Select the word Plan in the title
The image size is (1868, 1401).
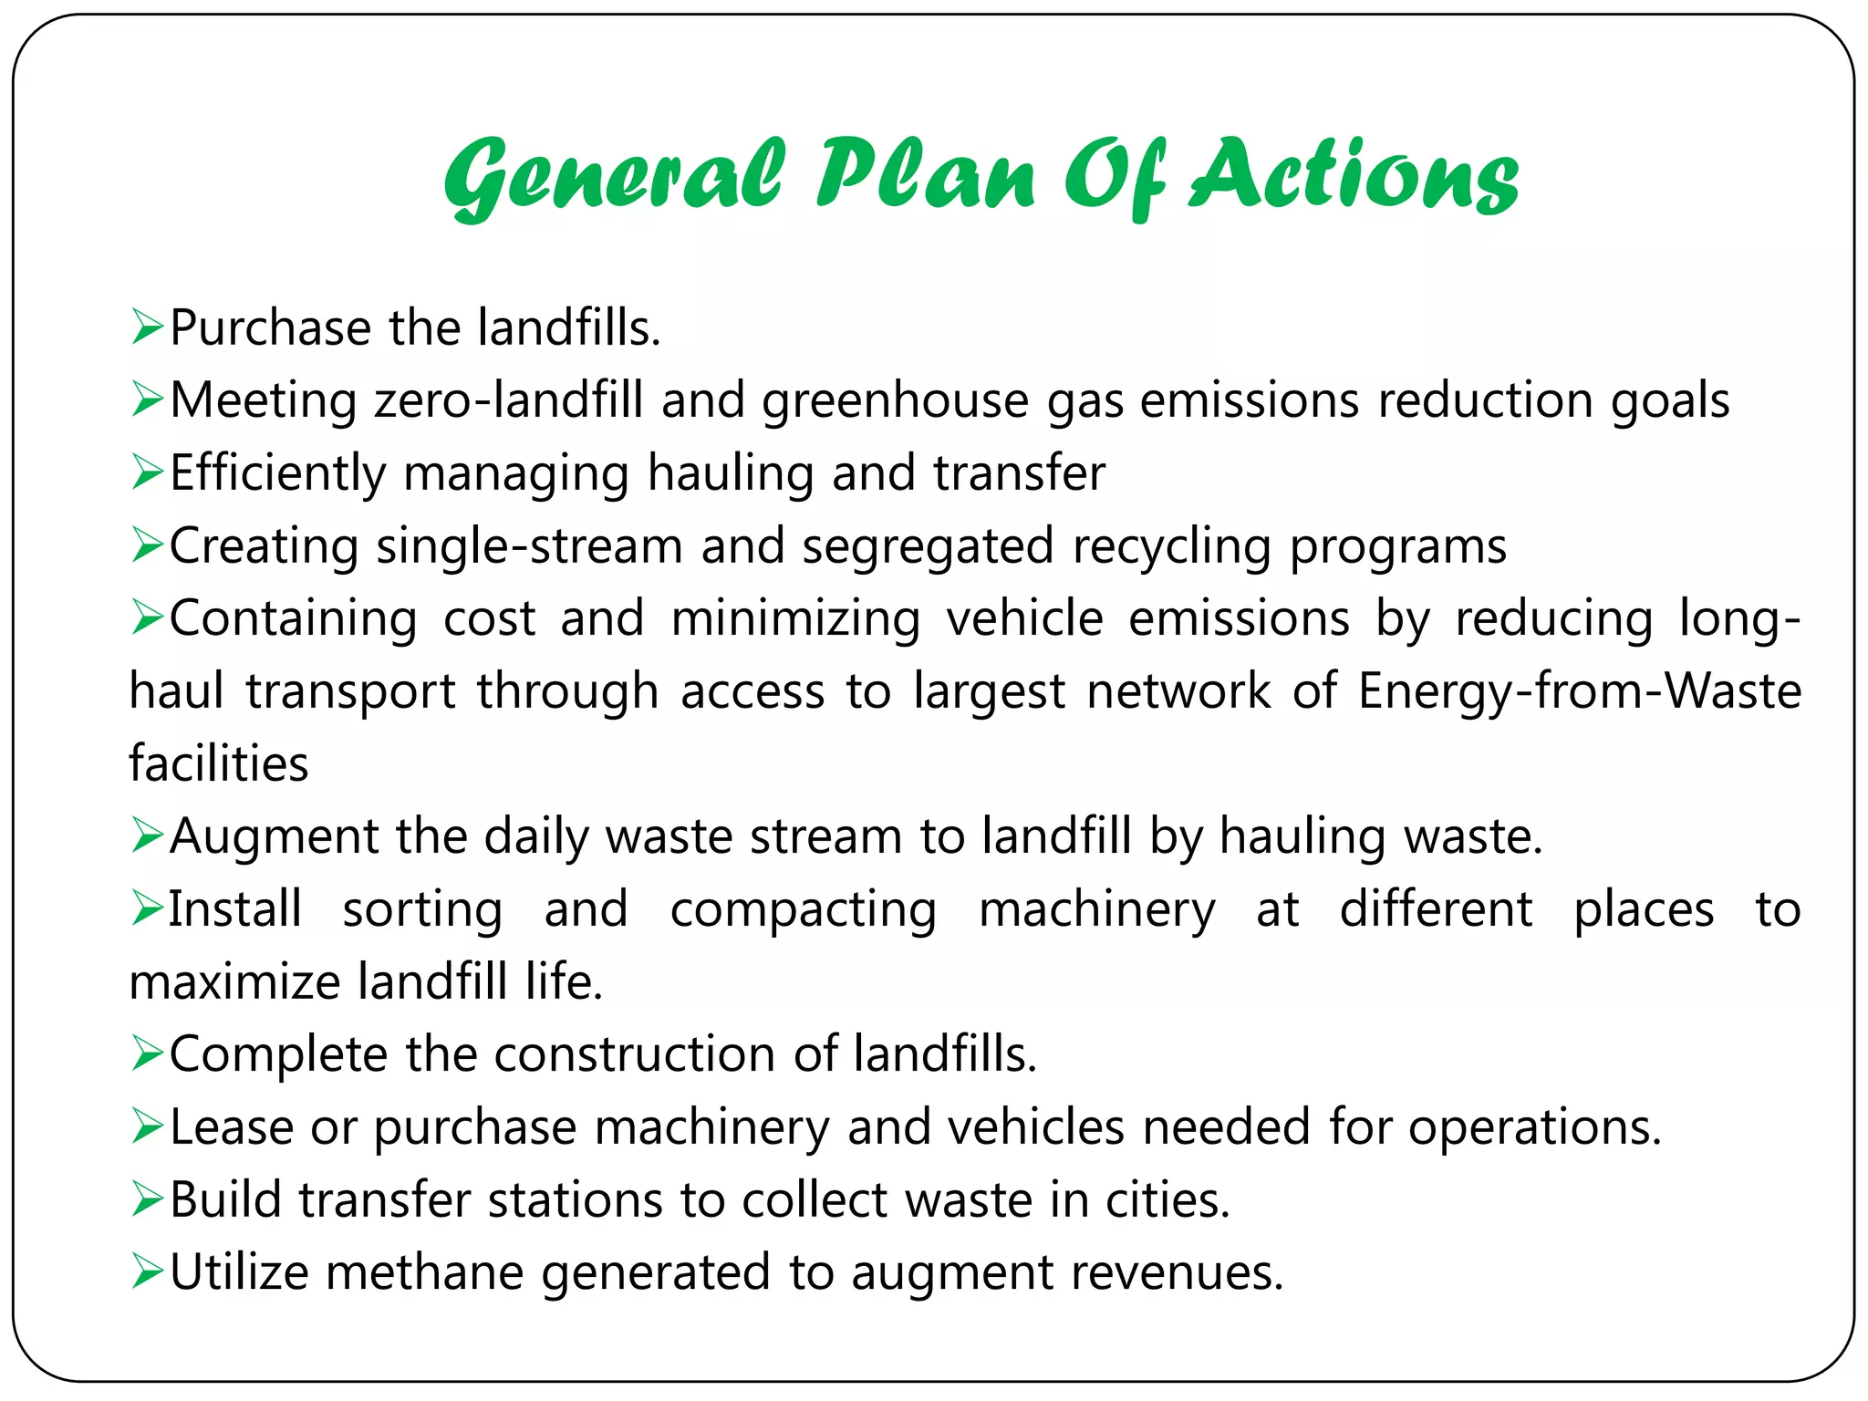coord(925,174)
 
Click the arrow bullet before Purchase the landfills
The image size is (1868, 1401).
coord(146,327)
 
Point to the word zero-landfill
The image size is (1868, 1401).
coord(509,400)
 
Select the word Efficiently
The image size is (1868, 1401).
coord(278,473)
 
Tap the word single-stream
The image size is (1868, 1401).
coord(529,545)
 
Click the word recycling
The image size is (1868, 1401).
coord(1171,547)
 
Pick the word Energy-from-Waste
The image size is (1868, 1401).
coord(1580,690)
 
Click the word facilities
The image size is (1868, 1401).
coord(219,763)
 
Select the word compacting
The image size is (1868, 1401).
coord(803,909)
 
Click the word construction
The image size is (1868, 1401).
coord(635,1054)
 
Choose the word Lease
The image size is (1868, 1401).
coord(232,1127)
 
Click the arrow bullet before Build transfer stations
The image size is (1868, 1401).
coord(146,1199)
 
